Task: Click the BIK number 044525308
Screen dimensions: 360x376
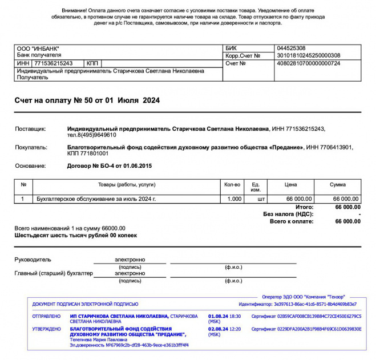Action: click(290, 48)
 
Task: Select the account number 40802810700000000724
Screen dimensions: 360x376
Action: click(308, 63)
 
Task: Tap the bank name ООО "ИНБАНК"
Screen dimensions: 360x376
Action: click(38, 48)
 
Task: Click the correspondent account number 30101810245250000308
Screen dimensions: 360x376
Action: click(308, 56)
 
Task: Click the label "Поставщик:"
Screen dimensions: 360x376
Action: click(30, 130)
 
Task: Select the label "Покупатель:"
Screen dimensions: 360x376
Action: click(31, 147)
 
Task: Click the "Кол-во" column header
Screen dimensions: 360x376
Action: click(232, 185)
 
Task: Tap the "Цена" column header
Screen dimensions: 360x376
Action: click(291, 185)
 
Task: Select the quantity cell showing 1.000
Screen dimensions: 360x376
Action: click(235, 199)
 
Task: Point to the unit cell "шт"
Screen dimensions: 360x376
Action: click(261, 199)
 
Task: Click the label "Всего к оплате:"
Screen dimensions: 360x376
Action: click(292, 221)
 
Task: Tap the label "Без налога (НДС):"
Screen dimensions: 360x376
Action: click(288, 214)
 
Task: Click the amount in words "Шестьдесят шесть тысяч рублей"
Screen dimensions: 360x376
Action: click(75, 235)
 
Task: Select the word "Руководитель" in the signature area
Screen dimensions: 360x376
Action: click(33, 260)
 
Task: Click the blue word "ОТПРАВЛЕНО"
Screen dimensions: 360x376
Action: click(46, 315)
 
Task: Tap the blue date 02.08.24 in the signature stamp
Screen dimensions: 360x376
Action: click(219, 329)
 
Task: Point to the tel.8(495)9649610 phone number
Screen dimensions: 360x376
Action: click(92, 135)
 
